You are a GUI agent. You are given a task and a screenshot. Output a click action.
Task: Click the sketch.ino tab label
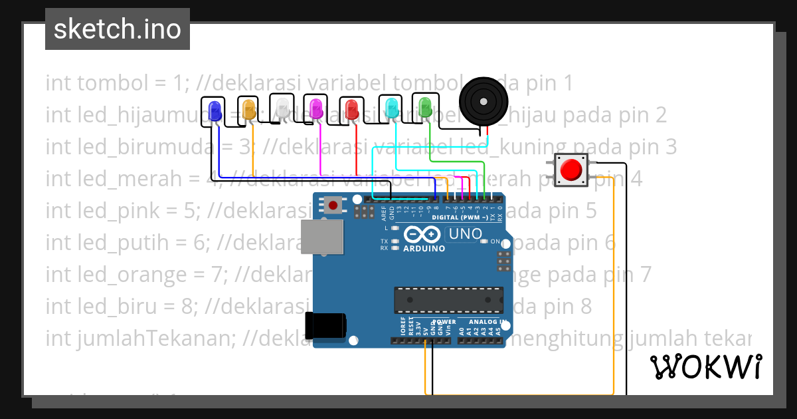(x=118, y=29)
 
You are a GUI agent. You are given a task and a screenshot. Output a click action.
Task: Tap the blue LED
(x=215, y=111)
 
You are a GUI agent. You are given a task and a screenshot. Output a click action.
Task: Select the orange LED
(x=249, y=109)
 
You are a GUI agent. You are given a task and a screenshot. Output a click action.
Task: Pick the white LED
(x=283, y=108)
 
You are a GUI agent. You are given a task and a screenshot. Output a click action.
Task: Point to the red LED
(x=351, y=108)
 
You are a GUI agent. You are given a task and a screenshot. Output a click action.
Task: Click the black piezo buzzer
(x=484, y=100)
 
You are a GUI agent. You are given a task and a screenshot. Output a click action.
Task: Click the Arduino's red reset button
(x=333, y=204)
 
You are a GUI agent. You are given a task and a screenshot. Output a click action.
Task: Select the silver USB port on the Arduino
(x=323, y=237)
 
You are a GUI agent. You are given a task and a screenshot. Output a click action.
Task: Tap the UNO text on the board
(x=466, y=234)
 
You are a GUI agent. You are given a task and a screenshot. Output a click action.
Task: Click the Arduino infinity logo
(x=422, y=235)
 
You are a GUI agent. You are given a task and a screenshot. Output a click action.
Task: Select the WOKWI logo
(x=705, y=366)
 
